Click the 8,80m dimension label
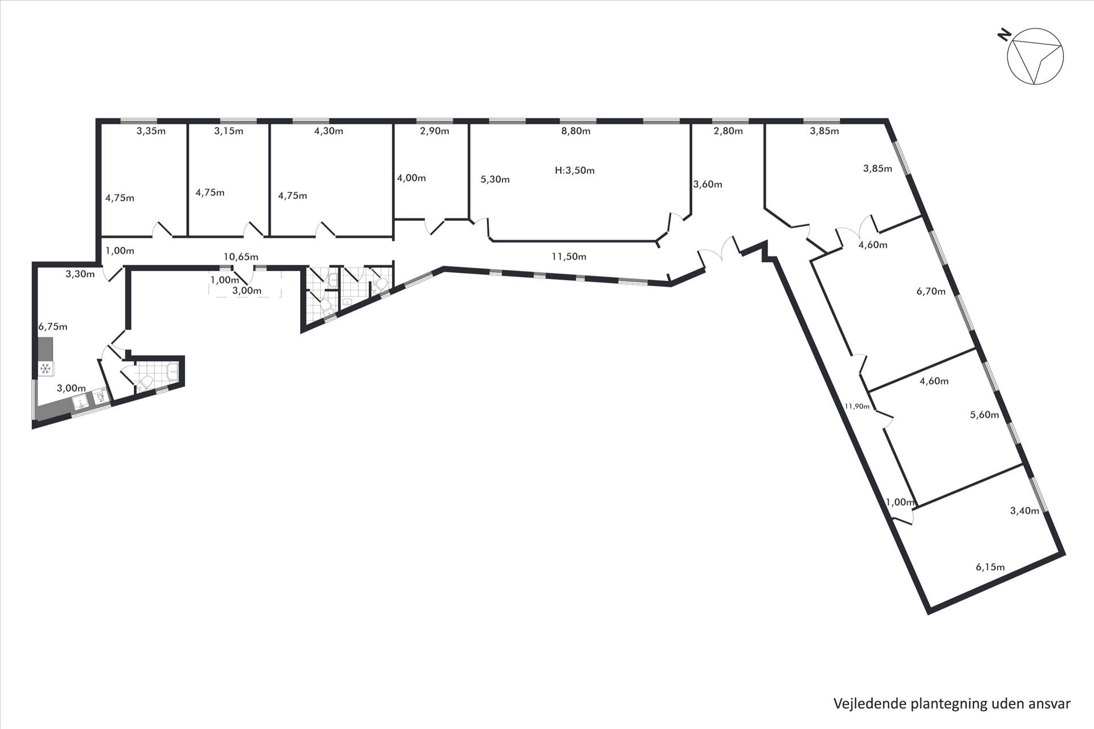[575, 131]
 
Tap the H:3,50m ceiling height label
[574, 170]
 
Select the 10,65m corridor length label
[240, 257]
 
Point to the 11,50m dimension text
[569, 257]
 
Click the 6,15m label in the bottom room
[990, 567]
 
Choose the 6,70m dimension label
[931, 292]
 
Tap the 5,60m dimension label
[985, 415]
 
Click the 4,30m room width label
[329, 131]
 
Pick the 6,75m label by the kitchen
[53, 327]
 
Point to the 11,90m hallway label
[857, 406]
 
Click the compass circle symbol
[1035, 56]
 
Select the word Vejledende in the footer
[869, 704]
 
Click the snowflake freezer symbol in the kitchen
[46, 369]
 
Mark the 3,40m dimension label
[1024, 511]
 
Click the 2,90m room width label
[434, 131]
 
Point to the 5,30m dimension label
[495, 179]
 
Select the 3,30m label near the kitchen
[80, 274]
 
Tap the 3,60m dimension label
[708, 185]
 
